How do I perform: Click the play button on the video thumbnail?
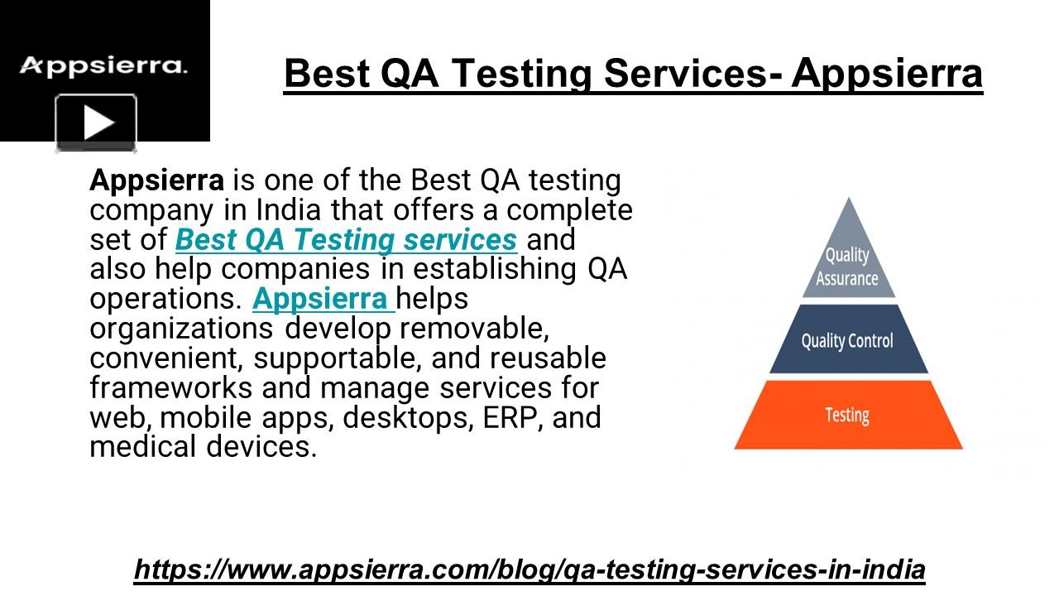coord(96,123)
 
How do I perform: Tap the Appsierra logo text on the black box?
coord(103,65)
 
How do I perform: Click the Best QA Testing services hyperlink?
coord(346,240)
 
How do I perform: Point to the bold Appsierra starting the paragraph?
coord(157,180)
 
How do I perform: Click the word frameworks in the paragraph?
coord(171,388)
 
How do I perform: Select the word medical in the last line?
coord(143,447)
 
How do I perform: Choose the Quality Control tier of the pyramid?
coord(849,339)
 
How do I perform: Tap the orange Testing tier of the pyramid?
coord(848,415)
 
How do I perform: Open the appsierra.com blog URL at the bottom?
coord(529,569)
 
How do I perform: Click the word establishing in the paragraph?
coord(495,270)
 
